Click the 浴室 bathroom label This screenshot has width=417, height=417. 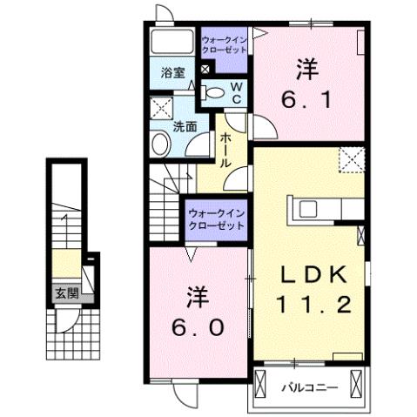point(172,73)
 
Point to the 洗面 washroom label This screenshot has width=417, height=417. point(185,125)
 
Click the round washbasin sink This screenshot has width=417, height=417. point(159,142)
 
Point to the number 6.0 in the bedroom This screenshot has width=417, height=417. point(198,328)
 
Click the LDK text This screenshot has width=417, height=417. point(314,274)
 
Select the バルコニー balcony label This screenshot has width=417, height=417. point(307,386)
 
